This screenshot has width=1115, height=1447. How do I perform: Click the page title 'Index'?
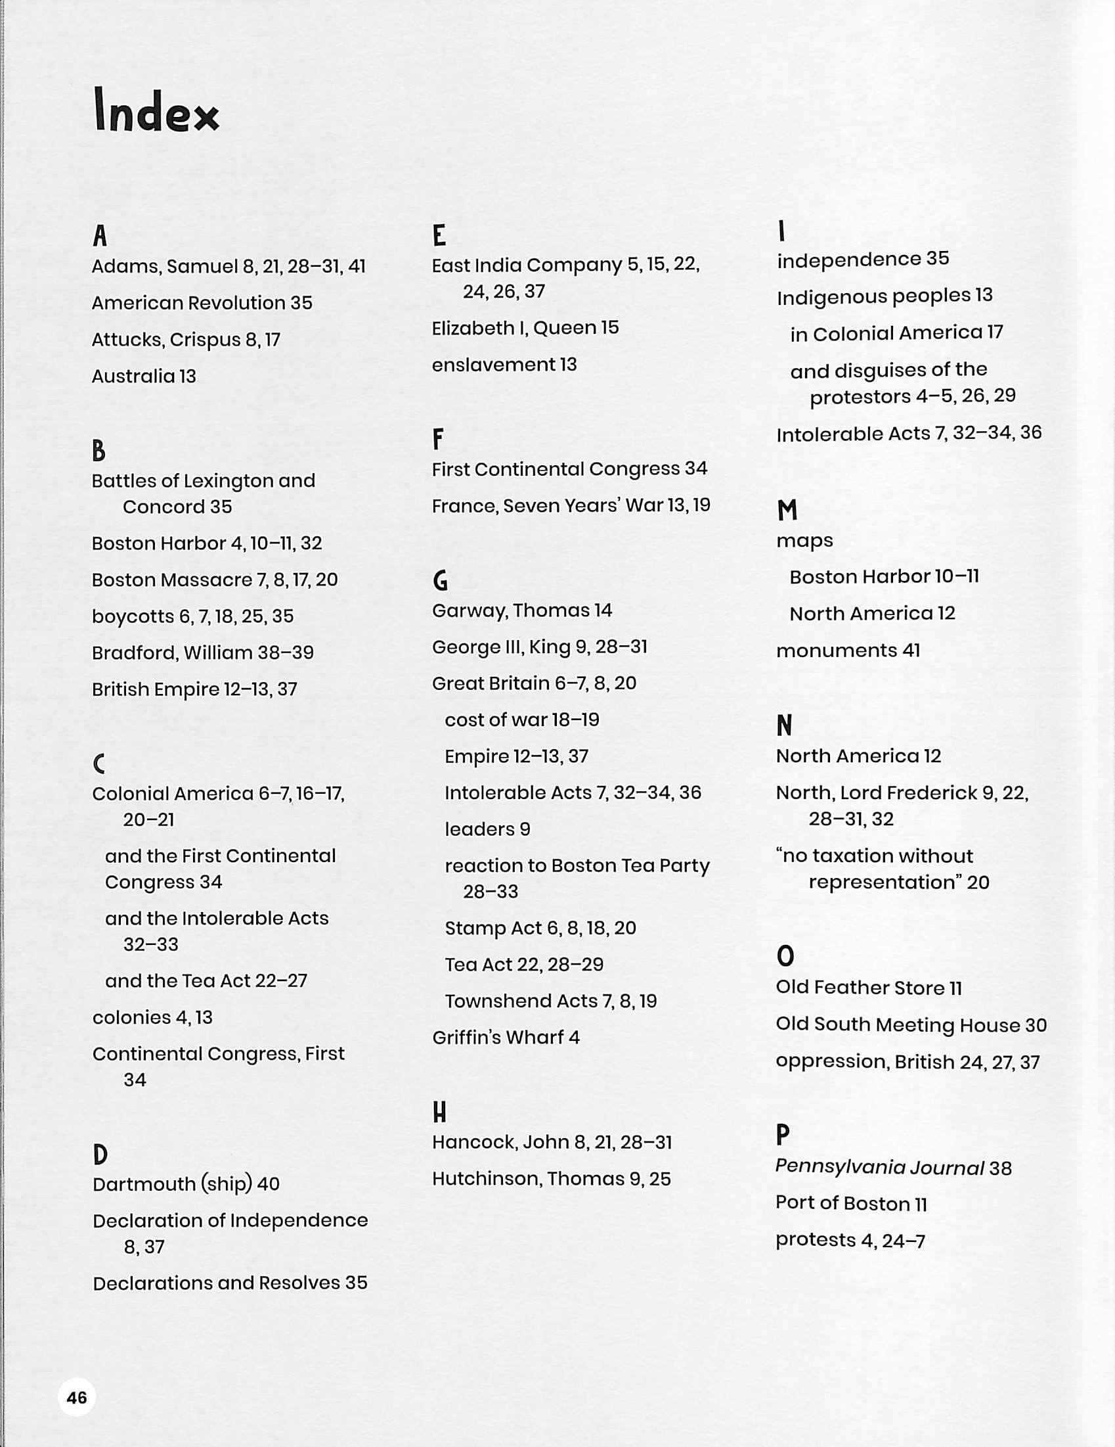[156, 111]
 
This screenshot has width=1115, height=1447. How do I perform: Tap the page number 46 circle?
[77, 1397]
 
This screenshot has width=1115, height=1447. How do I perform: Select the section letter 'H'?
[439, 1113]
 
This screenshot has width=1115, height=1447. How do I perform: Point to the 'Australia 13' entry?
[144, 377]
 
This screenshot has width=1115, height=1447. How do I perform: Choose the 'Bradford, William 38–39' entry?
[203, 653]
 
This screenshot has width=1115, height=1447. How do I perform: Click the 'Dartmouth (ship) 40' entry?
[186, 1184]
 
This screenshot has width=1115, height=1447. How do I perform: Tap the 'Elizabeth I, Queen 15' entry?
[525, 328]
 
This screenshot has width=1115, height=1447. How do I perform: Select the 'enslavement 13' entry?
[504, 365]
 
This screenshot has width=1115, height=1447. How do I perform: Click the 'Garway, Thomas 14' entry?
[522, 610]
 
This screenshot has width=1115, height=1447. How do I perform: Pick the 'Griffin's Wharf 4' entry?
[506, 1038]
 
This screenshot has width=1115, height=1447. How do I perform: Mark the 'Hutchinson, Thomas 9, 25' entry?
[551, 1179]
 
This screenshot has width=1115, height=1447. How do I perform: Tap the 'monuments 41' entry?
[848, 651]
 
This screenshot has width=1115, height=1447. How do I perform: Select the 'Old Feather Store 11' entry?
[869, 988]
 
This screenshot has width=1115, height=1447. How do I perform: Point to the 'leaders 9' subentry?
[487, 829]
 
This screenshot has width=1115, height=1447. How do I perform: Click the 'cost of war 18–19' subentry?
[522, 720]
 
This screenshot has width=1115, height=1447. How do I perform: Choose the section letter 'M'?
[787, 511]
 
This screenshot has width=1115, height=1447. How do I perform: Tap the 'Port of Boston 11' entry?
[851, 1204]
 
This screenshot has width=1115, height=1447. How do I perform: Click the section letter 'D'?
[100, 1155]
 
